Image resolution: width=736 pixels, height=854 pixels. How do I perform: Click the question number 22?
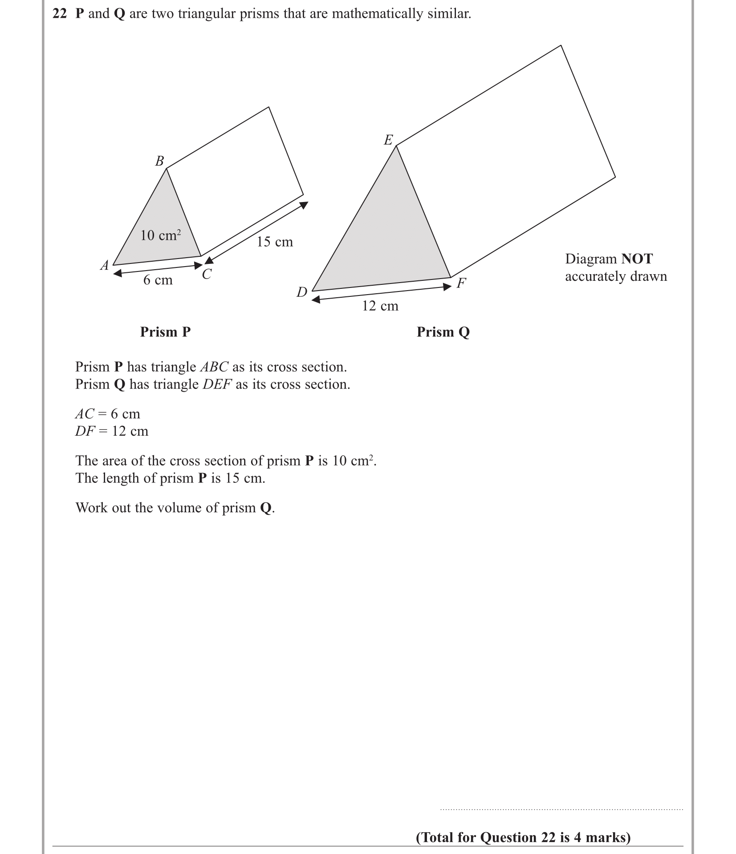pyautogui.click(x=60, y=14)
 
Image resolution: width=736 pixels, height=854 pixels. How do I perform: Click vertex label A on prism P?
pyautogui.click(x=105, y=266)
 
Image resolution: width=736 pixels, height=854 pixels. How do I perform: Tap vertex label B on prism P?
pyautogui.click(x=159, y=161)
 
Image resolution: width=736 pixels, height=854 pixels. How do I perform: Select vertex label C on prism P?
pyautogui.click(x=207, y=274)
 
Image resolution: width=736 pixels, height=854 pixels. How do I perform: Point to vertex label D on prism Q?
pyautogui.click(x=302, y=292)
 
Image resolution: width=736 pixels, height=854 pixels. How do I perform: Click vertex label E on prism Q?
pyautogui.click(x=388, y=140)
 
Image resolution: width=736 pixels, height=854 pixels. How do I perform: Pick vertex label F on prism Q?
pyautogui.click(x=461, y=283)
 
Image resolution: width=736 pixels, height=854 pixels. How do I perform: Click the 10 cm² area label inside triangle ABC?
pyautogui.click(x=160, y=235)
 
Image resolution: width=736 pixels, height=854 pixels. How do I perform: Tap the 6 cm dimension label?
pyautogui.click(x=158, y=280)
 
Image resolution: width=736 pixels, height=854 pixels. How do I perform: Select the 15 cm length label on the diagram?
pyautogui.click(x=275, y=242)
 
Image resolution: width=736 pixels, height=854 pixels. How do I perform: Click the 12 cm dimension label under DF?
pyautogui.click(x=380, y=306)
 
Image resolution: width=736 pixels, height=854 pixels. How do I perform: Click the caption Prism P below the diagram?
pyautogui.click(x=165, y=332)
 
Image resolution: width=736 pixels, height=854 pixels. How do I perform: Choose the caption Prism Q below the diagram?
pyautogui.click(x=443, y=332)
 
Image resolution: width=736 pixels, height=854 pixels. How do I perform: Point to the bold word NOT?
pyautogui.click(x=637, y=259)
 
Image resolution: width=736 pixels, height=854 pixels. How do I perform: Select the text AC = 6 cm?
pyautogui.click(x=107, y=414)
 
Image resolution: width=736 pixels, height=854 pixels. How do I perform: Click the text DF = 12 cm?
pyautogui.click(x=112, y=431)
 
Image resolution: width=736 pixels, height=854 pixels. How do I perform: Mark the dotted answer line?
pyautogui.click(x=561, y=809)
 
